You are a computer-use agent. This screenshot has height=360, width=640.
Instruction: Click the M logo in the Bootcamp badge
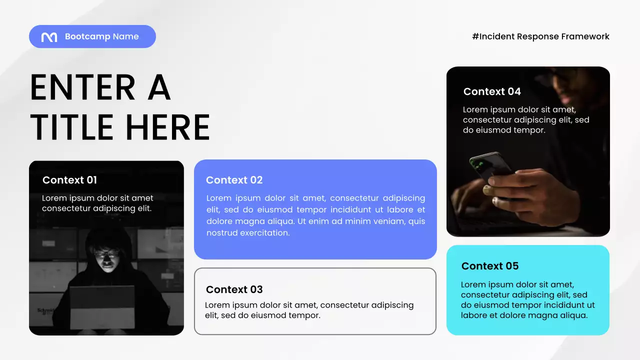pyautogui.click(x=49, y=37)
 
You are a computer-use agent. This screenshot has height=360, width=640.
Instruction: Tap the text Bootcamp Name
pyautogui.click(x=102, y=36)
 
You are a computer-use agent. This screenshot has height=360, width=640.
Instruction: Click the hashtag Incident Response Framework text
pyautogui.click(x=540, y=36)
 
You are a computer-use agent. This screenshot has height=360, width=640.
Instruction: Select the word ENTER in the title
pyautogui.click(x=82, y=88)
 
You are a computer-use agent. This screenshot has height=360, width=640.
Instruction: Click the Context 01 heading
pyautogui.click(x=69, y=180)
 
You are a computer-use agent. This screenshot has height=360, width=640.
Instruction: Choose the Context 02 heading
pyautogui.click(x=234, y=180)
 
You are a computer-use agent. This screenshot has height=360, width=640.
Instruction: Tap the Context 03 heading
pyautogui.click(x=234, y=289)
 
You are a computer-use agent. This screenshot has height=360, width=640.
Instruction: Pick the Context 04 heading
pyautogui.click(x=492, y=91)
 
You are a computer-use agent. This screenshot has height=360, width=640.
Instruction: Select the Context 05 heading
pyautogui.click(x=490, y=266)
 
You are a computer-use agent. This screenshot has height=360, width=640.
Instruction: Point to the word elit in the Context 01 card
pyautogui.click(x=141, y=208)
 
